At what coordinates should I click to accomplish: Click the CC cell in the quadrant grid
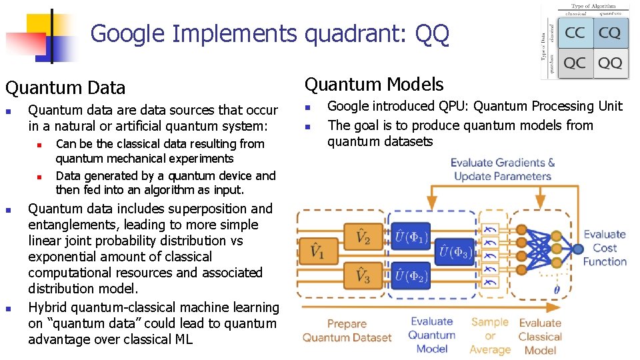(575, 33)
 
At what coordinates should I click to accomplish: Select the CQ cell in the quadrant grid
(609, 33)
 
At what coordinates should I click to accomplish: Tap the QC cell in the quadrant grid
(575, 63)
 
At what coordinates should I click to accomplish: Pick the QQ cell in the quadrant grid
(609, 63)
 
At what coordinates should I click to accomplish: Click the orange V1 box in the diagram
(317, 252)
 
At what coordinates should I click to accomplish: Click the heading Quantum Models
(374, 84)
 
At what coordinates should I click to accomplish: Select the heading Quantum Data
(65, 87)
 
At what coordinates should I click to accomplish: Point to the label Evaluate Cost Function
(604, 248)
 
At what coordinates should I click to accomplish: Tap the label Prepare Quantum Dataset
(347, 331)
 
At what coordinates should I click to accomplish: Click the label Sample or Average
(490, 335)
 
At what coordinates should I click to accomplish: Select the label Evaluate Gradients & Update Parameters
(502, 169)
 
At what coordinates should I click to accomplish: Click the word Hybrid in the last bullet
(48, 307)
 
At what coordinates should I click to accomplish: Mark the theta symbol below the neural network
(557, 289)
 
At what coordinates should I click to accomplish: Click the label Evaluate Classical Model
(540, 335)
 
